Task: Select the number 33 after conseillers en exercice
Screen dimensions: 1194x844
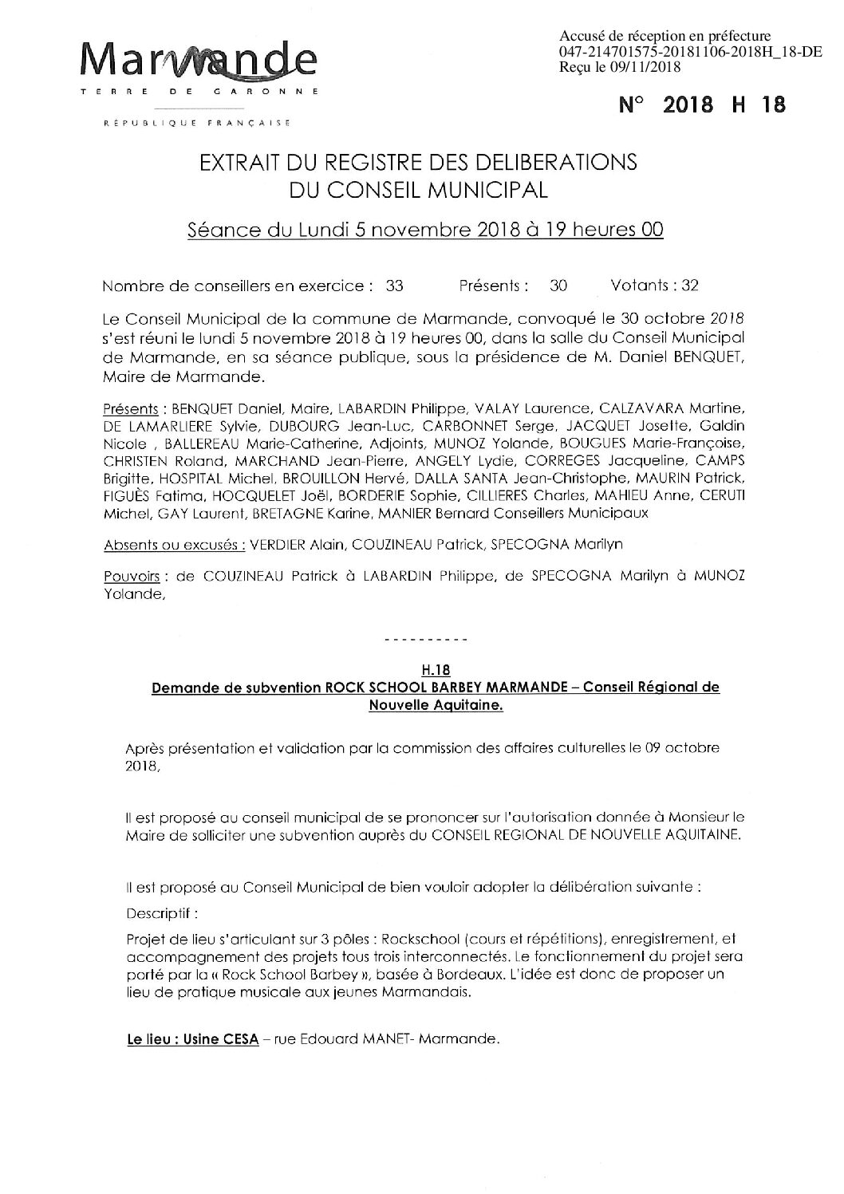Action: tap(394, 285)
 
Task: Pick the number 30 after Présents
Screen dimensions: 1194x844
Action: tap(558, 285)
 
